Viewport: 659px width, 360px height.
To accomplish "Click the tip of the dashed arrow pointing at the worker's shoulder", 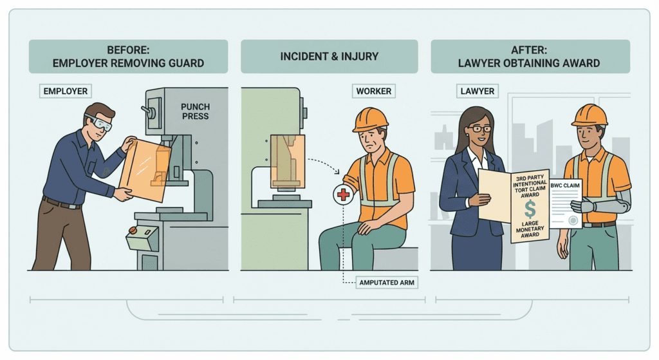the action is click(339, 173).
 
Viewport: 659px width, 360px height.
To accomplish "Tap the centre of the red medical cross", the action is click(344, 194).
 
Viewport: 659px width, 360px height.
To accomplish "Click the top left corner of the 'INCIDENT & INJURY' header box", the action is click(241, 40).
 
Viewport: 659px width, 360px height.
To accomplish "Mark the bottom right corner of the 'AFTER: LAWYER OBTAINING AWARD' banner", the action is click(630, 73).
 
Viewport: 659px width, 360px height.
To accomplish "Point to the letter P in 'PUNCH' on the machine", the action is click(183, 107).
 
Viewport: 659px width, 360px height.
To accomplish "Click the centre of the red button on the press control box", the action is click(133, 231).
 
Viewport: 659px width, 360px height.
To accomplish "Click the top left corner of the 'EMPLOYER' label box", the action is click(39, 84).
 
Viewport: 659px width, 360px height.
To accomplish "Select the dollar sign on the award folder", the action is click(530, 209).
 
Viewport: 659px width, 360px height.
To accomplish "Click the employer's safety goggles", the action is click(100, 122).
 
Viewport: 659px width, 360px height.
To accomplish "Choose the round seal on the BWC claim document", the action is click(572, 220).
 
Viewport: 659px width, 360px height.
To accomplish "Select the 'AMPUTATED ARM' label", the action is click(387, 283).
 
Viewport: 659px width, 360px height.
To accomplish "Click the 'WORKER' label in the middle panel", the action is click(374, 91).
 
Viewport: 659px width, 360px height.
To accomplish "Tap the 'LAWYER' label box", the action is click(478, 91).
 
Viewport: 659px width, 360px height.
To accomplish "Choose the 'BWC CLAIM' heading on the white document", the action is click(565, 185).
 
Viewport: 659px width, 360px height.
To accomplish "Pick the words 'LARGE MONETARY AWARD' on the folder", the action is click(530, 229).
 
